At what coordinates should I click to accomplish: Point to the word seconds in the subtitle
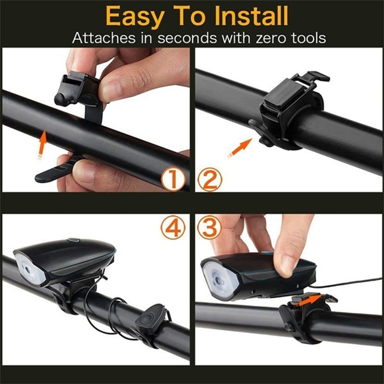187,38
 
